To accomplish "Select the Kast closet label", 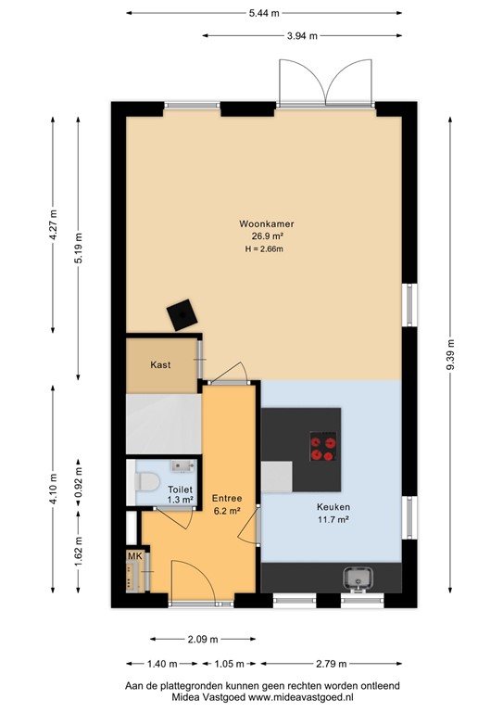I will coord(160,364).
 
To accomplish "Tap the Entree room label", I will coord(226,497).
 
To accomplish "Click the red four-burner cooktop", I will coord(322,449).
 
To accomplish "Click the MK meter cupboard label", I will coord(134,556).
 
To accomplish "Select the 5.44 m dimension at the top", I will coord(264,13).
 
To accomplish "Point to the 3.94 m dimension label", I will coord(301,36).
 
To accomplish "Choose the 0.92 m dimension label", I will coord(78,482).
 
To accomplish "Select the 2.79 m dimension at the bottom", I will coord(331,664).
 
